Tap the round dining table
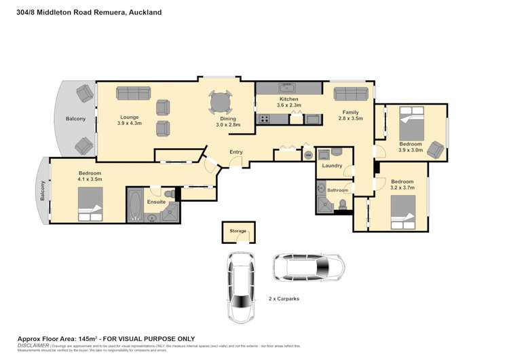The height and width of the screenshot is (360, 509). click(x=220, y=103)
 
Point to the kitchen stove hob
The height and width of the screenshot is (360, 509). click(x=263, y=119)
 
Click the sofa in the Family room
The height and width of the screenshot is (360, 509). click(x=351, y=93)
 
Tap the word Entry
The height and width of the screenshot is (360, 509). click(x=236, y=152)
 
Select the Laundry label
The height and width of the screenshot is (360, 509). click(x=332, y=166)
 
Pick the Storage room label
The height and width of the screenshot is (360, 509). click(x=238, y=232)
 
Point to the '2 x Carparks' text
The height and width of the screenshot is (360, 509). click(x=284, y=298)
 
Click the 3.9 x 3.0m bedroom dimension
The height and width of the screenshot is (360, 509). click(x=410, y=150)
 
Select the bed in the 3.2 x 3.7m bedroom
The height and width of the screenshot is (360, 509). click(x=401, y=210)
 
